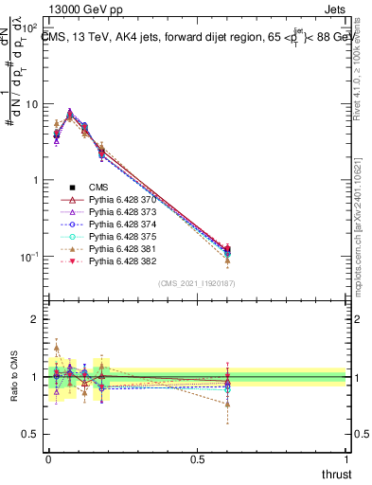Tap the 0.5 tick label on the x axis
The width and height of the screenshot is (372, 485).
click(197, 458)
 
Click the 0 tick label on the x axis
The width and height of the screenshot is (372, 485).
click(48, 458)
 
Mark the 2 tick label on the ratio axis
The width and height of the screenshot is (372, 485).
click(35, 319)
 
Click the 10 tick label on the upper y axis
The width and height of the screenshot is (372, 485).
click(30, 104)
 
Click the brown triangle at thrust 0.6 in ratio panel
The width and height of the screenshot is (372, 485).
click(227, 404)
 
